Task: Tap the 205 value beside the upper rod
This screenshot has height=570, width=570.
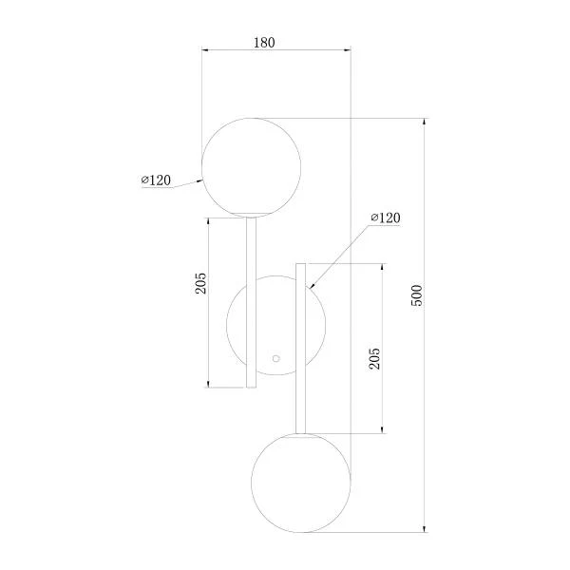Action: tap(200, 282)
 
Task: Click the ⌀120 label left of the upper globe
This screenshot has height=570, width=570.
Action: tap(156, 180)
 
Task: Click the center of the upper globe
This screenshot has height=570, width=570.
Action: tap(253, 165)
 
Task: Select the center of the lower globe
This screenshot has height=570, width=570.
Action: tap(301, 480)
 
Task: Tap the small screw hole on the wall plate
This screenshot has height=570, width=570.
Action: tap(276, 359)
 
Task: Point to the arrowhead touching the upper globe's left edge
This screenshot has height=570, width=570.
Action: tap(200, 179)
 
